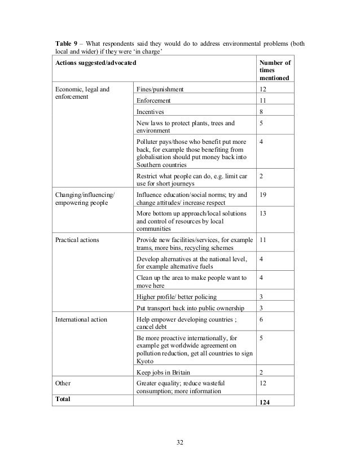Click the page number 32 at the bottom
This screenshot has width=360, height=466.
[x=180, y=442]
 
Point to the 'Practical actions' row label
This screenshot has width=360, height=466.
[x=77, y=240]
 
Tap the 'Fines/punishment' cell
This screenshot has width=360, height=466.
[x=160, y=89]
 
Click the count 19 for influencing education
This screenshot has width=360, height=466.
[x=263, y=195]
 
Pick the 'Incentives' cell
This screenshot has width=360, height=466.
[x=151, y=112]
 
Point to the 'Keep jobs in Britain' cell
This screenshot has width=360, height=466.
[x=164, y=372]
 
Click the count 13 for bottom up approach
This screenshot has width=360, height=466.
[x=263, y=214]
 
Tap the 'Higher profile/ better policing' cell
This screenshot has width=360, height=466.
[x=177, y=296]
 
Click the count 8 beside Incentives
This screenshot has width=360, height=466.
[x=261, y=112]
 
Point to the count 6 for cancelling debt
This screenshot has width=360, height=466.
[x=261, y=319]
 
